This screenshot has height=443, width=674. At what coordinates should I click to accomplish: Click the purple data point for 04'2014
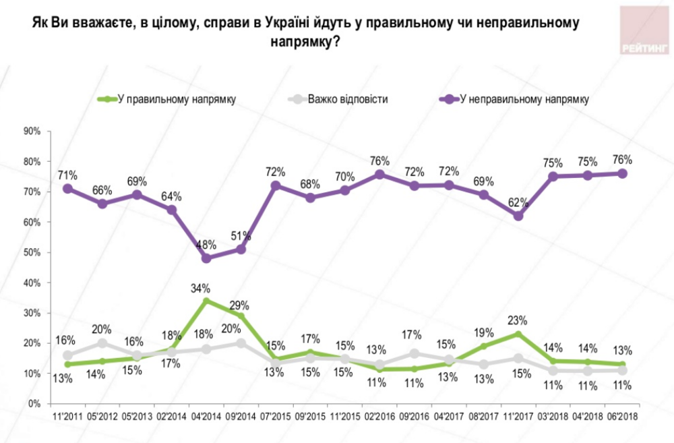(206, 258)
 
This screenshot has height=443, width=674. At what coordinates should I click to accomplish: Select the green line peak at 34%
(206, 301)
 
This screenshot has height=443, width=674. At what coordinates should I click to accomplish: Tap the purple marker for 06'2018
(622, 173)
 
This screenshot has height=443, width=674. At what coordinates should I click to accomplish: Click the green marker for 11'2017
(518, 334)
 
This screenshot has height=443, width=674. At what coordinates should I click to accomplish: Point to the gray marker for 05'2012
(102, 343)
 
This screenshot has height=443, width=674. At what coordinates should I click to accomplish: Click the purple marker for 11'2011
(68, 189)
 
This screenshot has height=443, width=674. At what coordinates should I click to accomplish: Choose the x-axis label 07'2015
(276, 417)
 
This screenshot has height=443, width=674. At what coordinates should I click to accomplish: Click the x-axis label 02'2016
(379, 417)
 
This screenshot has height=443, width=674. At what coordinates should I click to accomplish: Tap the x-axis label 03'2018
(553, 417)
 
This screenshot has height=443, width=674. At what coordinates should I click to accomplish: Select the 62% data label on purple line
(518, 200)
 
